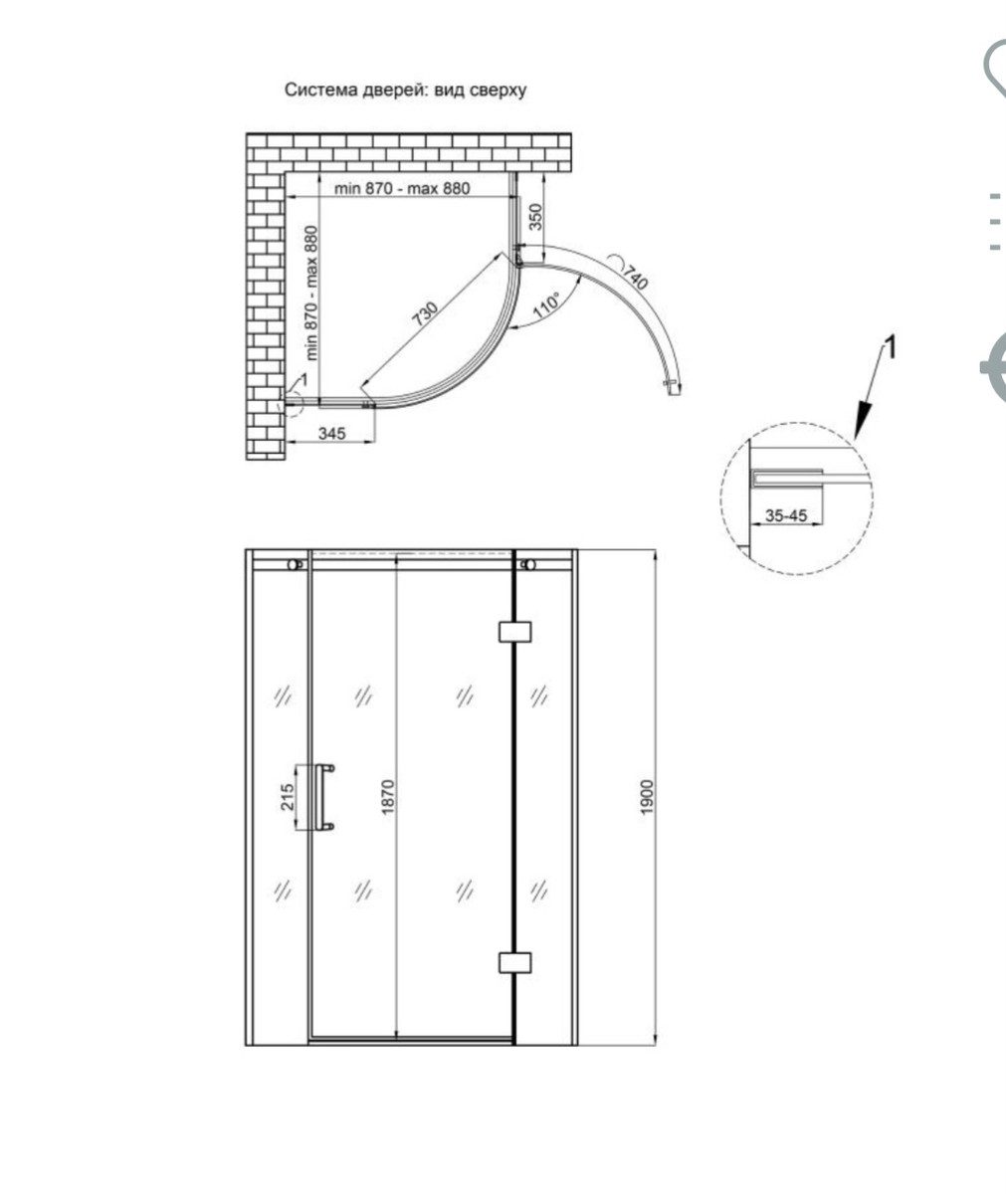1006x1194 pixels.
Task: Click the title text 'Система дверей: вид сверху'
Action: click(406, 91)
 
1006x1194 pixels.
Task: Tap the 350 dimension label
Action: click(535, 217)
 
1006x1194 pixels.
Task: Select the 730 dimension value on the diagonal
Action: click(426, 314)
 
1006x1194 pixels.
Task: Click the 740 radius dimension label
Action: click(636, 278)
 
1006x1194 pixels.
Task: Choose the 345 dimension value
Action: click(331, 434)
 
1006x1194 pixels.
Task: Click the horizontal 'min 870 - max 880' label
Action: click(402, 188)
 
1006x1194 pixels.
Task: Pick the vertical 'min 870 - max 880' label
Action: click(310, 293)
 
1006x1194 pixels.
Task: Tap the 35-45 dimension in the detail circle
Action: click(786, 515)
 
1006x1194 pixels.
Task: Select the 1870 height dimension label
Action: click(388, 797)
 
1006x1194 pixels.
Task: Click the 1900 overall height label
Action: click(647, 797)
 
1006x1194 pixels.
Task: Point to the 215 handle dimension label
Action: click(288, 797)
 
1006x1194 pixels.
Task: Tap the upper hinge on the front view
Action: click(515, 632)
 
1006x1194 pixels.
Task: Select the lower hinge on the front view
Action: click(515, 962)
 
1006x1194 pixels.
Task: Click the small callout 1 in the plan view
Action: click(304, 378)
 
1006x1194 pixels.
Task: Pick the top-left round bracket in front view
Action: click(295, 565)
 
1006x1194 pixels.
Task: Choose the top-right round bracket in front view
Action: click(528, 565)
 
